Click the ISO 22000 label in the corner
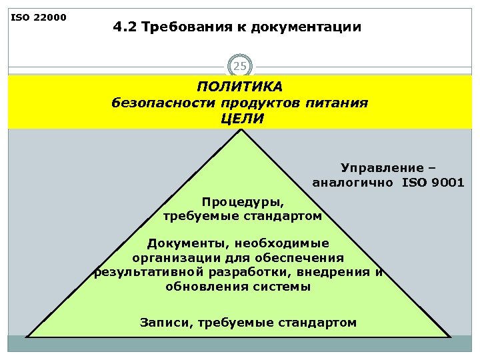(39, 17)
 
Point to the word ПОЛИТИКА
(240, 87)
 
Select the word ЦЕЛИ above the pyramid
(241, 119)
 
